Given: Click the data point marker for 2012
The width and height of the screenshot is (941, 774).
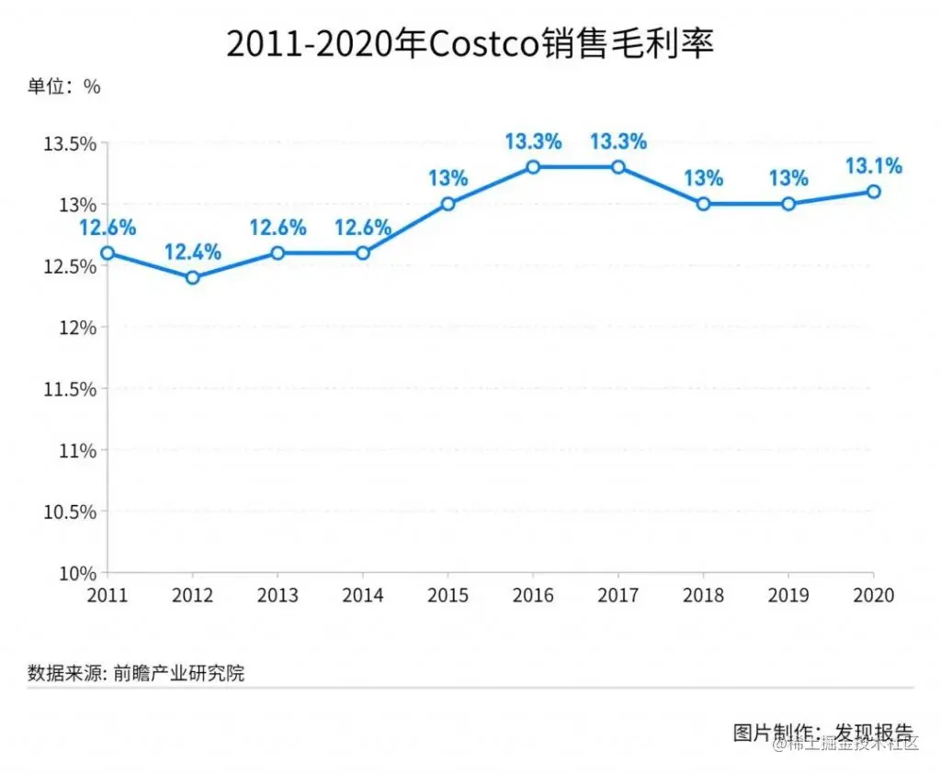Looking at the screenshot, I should [192, 277].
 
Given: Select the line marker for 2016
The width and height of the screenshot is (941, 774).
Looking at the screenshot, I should [533, 167].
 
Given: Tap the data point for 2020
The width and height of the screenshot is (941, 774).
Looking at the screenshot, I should [874, 191].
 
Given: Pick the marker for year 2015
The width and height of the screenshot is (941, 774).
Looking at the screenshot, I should [448, 204].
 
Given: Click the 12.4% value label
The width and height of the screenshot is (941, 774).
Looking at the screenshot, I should [192, 252].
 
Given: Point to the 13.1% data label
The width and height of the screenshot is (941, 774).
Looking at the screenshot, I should [874, 166].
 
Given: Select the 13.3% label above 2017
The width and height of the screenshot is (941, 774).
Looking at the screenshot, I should [618, 141].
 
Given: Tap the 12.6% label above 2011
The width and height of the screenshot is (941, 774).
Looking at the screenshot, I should [107, 227].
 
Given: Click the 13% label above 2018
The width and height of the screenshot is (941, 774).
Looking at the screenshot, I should [703, 178].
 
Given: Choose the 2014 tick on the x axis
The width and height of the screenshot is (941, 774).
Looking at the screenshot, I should [363, 596].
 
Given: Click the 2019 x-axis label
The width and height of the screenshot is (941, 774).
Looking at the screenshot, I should [788, 596].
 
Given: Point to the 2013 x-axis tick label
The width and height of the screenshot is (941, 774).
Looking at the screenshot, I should [278, 596].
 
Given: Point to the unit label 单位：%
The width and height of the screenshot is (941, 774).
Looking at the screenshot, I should [63, 87].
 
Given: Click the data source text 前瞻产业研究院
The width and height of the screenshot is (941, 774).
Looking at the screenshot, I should [179, 673].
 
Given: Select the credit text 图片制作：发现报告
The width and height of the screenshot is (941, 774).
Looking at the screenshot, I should [824, 733].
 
